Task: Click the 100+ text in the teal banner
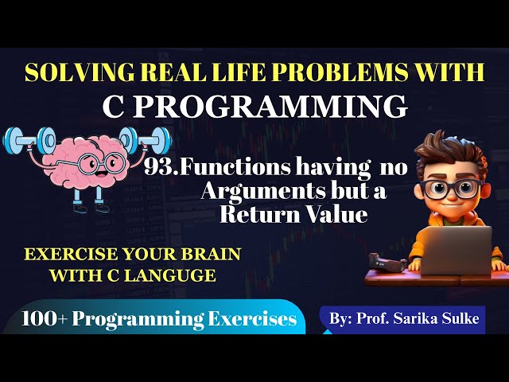[x=49, y=320]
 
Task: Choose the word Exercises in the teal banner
[x=253, y=320]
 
